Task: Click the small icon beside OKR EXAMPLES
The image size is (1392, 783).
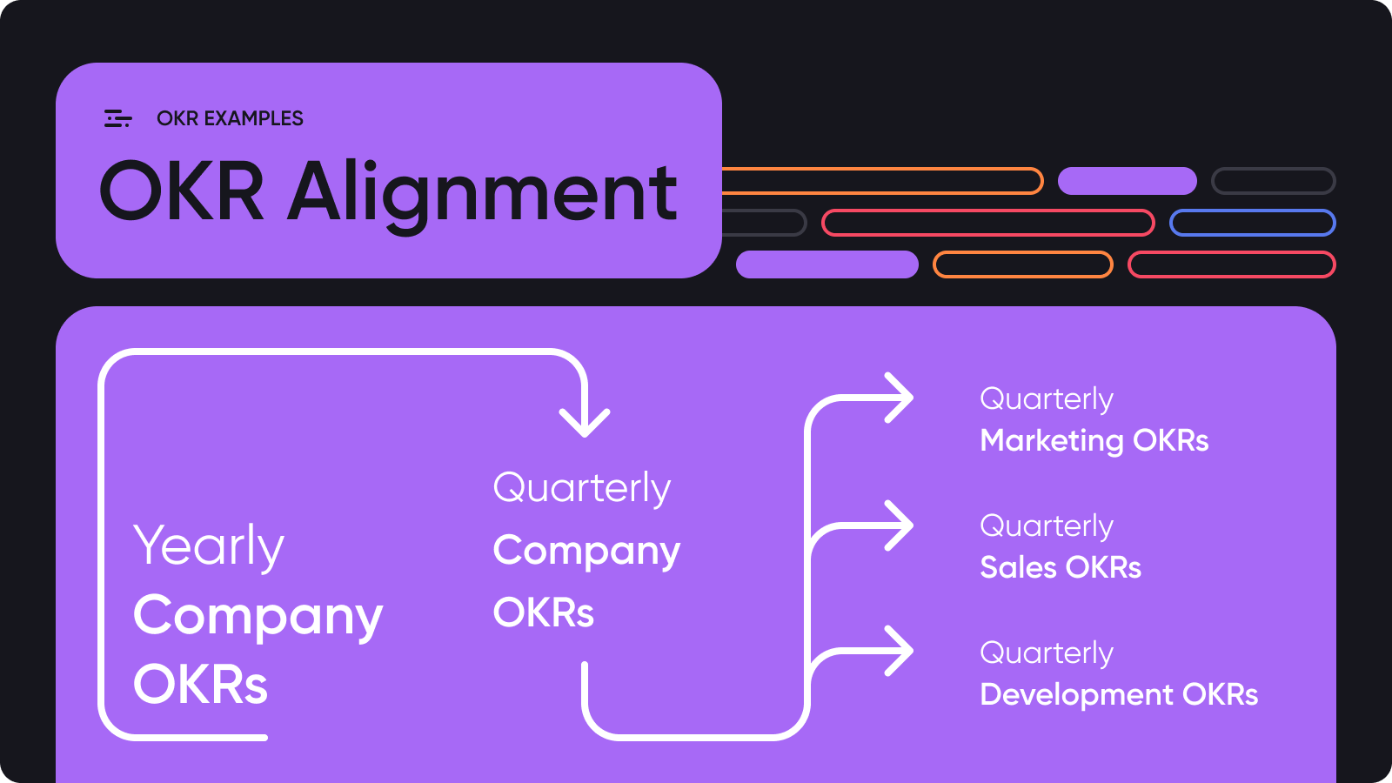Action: (118, 118)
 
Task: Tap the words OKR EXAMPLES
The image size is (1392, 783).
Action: (230, 118)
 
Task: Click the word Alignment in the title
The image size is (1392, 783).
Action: (482, 195)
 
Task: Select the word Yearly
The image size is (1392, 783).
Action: (209, 546)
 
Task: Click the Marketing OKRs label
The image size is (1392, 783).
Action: (1094, 440)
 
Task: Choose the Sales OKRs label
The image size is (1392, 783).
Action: (1061, 567)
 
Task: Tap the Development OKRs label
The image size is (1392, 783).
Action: (1119, 695)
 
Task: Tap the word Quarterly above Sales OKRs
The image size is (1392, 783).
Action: (1047, 527)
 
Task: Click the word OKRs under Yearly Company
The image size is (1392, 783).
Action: (200, 684)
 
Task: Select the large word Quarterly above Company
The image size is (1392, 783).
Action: (582, 488)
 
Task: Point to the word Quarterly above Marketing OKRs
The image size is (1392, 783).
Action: (1047, 400)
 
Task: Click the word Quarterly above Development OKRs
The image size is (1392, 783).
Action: (1047, 653)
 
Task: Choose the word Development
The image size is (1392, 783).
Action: (1077, 695)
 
